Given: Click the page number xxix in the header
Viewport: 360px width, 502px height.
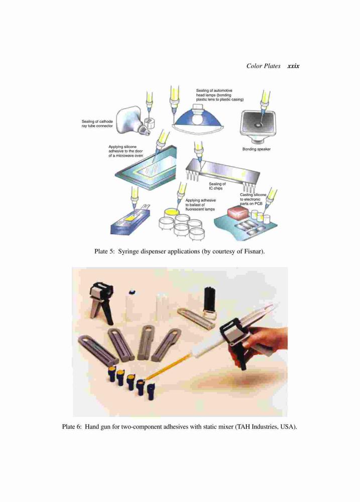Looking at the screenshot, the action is coord(293,66).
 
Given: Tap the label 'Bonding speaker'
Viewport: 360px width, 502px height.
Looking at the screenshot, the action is coord(256,149).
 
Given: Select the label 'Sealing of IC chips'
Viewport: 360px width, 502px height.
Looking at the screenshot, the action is coord(217,186).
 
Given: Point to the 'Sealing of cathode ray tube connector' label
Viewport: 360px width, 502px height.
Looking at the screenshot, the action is coord(97,124).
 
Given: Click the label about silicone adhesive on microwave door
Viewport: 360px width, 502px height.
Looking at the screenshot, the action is coord(126,151).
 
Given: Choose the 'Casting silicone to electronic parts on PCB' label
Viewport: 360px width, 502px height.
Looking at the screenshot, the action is coord(253,199).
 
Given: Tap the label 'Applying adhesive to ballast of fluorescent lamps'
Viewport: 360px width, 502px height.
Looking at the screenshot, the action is coord(200,205).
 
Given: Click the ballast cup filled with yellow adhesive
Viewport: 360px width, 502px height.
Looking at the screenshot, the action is coord(172,213).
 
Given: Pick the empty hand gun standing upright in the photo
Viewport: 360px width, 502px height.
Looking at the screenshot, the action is coord(101,299).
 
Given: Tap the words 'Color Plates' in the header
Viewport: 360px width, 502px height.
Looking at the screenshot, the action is coord(263,66).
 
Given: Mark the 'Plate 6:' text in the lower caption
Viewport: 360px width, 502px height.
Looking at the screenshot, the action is coord(72,427).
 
